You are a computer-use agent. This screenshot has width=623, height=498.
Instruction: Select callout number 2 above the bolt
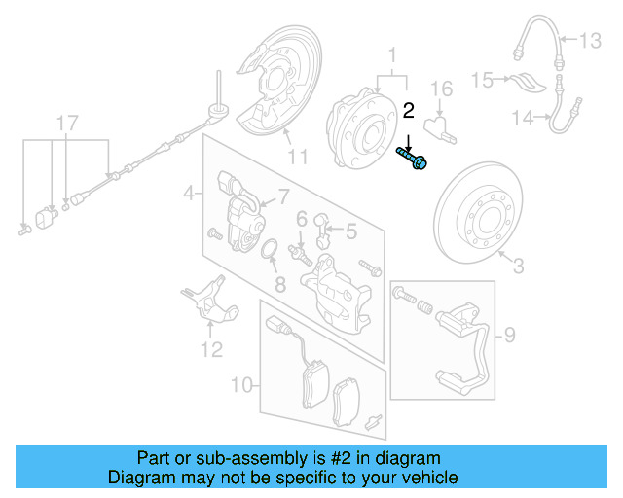(x=409, y=111)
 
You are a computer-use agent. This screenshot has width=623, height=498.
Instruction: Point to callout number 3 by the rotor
(x=517, y=264)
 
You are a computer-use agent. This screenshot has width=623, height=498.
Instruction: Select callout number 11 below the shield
(x=297, y=156)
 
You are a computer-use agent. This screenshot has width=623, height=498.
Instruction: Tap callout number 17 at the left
(x=65, y=123)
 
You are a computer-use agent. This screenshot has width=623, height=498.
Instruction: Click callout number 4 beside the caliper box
(x=188, y=195)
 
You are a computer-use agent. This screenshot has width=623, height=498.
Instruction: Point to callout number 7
(x=283, y=197)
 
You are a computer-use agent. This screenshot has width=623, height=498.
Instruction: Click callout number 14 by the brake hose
(x=523, y=119)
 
